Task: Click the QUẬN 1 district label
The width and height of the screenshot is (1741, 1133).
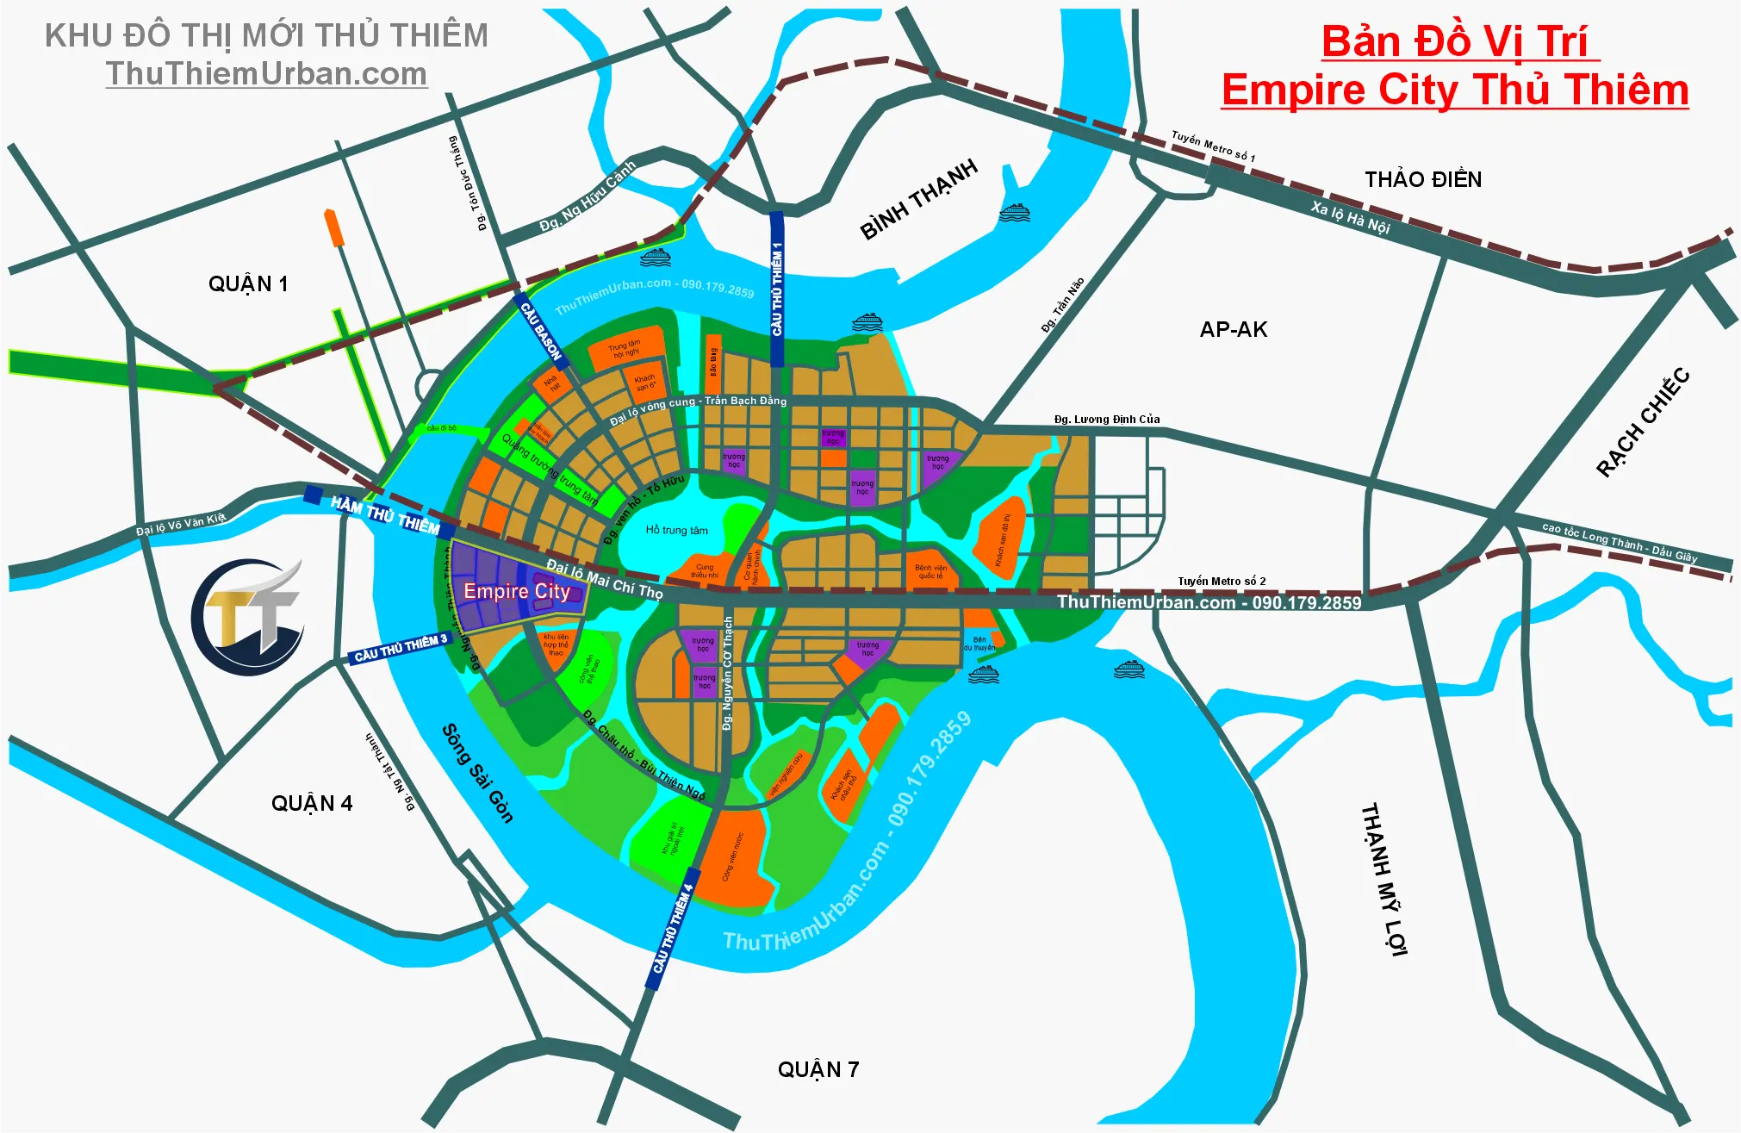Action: point(248,284)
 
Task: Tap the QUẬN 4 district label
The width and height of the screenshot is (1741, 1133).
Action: point(312,804)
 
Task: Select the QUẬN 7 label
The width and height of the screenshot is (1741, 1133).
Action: point(818,1070)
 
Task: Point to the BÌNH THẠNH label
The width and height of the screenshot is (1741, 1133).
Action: point(919,199)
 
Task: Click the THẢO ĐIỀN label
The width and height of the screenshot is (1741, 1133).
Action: point(1423,180)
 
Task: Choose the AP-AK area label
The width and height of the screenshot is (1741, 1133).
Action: point(1234,330)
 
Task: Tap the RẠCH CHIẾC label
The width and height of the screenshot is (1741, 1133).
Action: point(1643,422)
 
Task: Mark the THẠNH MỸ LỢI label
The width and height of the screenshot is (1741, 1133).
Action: point(1383,879)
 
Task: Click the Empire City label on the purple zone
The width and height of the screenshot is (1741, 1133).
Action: point(517,591)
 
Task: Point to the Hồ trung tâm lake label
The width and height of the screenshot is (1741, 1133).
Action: point(676,531)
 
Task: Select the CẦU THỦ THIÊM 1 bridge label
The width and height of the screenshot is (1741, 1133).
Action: point(777,289)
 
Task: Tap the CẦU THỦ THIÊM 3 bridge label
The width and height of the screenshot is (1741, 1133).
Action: point(401,648)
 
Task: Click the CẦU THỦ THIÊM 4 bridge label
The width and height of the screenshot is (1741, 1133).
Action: point(672,929)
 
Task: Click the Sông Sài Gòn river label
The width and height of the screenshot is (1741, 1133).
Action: point(477,774)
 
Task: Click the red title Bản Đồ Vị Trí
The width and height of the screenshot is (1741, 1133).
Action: point(1455,41)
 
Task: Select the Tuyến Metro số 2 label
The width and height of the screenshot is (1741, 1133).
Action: point(1222,582)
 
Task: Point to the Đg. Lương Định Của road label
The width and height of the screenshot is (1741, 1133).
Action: point(1107,420)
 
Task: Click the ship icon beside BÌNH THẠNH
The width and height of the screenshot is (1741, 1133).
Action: point(1014,212)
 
